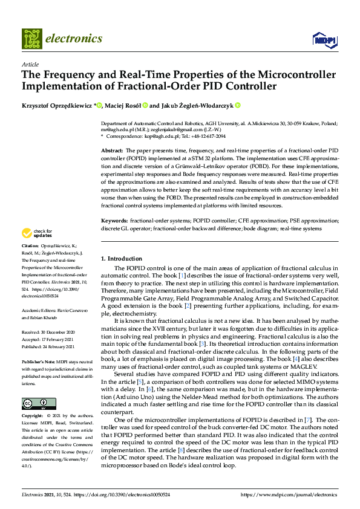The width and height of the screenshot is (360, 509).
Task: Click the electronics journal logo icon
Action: click(x=31, y=39)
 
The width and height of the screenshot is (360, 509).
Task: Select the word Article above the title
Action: click(x=30, y=64)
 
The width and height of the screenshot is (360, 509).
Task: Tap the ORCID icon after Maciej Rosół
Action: click(x=145, y=105)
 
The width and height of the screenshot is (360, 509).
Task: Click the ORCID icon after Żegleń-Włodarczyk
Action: click(x=238, y=105)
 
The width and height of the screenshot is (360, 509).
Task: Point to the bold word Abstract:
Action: click(x=111, y=149)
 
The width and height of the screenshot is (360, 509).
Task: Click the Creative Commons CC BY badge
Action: click(x=39, y=404)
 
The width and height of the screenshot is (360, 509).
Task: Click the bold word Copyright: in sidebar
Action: click(x=33, y=417)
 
